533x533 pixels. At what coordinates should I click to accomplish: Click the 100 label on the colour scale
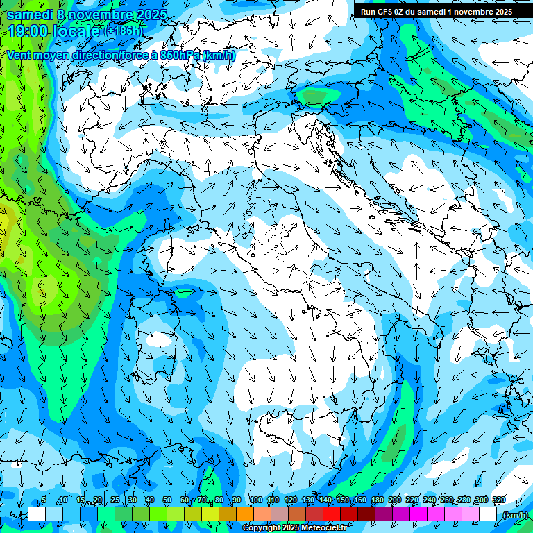point(255,500)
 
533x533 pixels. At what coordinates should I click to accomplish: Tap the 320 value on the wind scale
point(498,500)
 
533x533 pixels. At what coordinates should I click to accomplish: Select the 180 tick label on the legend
point(377,500)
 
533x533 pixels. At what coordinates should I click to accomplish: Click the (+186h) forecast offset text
point(125,31)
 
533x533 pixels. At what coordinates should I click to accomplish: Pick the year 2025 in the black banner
point(499,12)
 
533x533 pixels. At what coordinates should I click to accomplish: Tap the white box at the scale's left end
point(37,514)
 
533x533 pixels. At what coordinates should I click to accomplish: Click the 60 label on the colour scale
point(184,500)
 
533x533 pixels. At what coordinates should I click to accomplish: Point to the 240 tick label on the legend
point(429,500)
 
